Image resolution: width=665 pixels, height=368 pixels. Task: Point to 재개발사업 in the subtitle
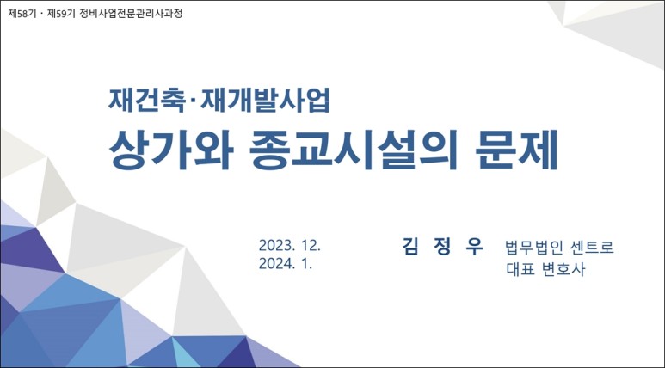(x=266, y=101)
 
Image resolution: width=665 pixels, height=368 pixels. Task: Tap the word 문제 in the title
(x=516, y=150)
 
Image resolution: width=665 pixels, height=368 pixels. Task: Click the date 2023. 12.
(x=290, y=245)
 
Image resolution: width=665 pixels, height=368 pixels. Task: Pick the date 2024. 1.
(x=286, y=264)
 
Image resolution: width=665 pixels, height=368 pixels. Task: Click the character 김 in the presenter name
(x=410, y=247)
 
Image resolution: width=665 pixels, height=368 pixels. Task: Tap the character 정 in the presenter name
(x=442, y=247)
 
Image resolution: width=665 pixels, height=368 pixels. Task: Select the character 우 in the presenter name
(x=474, y=247)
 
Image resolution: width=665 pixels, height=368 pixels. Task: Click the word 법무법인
(x=531, y=248)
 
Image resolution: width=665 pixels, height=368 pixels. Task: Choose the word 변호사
(x=563, y=269)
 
